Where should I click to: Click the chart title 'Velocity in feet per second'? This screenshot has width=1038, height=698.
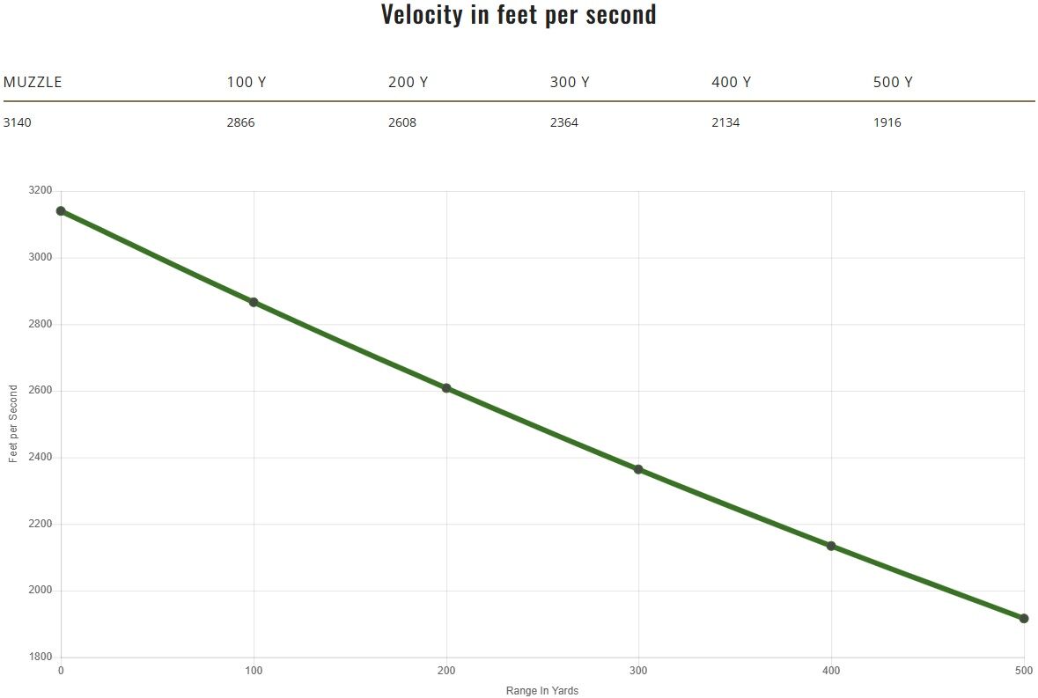pos(519,15)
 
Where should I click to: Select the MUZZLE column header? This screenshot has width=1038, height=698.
pos(33,83)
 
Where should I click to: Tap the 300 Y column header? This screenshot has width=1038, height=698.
pos(569,83)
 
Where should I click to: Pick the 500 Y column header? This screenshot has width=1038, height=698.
pos(892,83)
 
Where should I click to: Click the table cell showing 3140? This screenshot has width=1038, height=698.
pos(18,122)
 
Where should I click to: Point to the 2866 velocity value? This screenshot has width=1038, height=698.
pos(240,122)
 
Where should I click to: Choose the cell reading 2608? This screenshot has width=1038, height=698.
pos(402,122)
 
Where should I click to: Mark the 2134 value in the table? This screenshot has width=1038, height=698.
pos(725,122)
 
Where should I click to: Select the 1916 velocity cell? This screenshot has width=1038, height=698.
pos(887,122)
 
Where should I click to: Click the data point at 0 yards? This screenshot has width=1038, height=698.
pos(61,211)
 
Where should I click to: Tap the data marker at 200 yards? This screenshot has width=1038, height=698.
pos(446,388)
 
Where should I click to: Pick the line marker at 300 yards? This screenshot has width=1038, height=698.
pos(638,469)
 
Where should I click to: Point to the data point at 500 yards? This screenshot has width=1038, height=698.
pos(1024,619)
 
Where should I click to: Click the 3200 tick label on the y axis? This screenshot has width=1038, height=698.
pos(40,191)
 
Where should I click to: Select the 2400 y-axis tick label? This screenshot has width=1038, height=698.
pos(40,458)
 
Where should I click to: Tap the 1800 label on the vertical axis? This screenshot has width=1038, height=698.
pos(40,658)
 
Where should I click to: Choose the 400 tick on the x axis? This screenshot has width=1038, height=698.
pos(831,672)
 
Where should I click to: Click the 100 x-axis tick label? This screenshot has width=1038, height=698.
pos(254,672)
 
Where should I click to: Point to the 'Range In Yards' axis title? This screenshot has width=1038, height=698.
pos(542,691)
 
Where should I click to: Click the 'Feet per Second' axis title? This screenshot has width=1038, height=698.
pos(13,424)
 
